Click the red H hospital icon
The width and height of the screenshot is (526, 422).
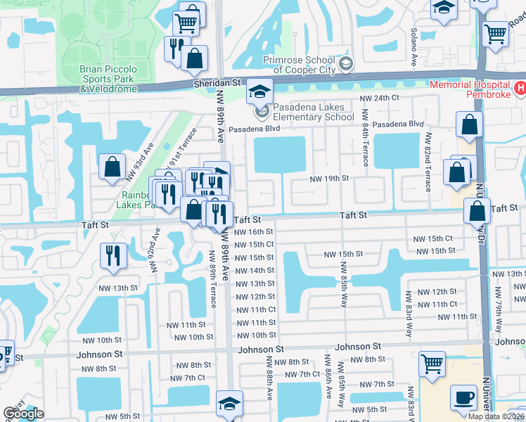(520, 88)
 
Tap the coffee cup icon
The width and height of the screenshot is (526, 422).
(463, 398)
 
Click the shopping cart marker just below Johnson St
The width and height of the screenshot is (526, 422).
(432, 364)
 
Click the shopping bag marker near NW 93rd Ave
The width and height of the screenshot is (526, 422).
(112, 168)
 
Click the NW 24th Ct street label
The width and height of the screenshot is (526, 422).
(379, 98)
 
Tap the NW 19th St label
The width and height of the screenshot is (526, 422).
(330, 179)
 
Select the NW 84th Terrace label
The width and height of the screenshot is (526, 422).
(365, 137)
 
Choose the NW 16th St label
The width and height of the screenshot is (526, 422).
(254, 231)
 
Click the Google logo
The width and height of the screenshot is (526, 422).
(23, 414)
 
